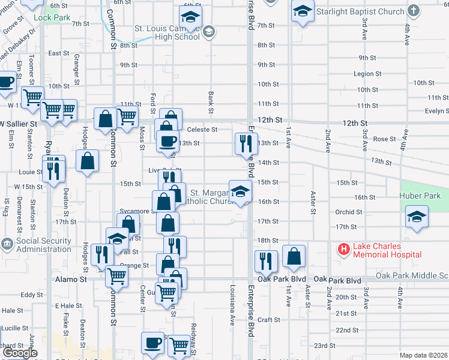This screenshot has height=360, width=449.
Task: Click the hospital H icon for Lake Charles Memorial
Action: [344, 248]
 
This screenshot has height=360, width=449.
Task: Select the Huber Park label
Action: [420, 196]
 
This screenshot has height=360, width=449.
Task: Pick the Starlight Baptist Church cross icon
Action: [414, 11]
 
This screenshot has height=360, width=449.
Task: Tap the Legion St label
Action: [367, 74]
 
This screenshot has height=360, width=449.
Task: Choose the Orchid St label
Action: [349, 212]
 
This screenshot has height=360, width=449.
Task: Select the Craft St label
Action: [270, 320]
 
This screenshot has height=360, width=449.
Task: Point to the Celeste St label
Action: [202, 129]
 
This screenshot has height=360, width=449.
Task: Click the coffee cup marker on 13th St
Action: [167, 141]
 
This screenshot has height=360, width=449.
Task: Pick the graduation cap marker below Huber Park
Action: [417, 218]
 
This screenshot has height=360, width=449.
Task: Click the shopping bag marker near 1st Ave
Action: [294, 256]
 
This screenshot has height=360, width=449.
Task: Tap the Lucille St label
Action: [15, 328]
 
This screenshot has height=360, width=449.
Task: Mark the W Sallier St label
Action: [19, 123]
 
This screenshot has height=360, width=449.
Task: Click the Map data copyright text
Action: [424, 355]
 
